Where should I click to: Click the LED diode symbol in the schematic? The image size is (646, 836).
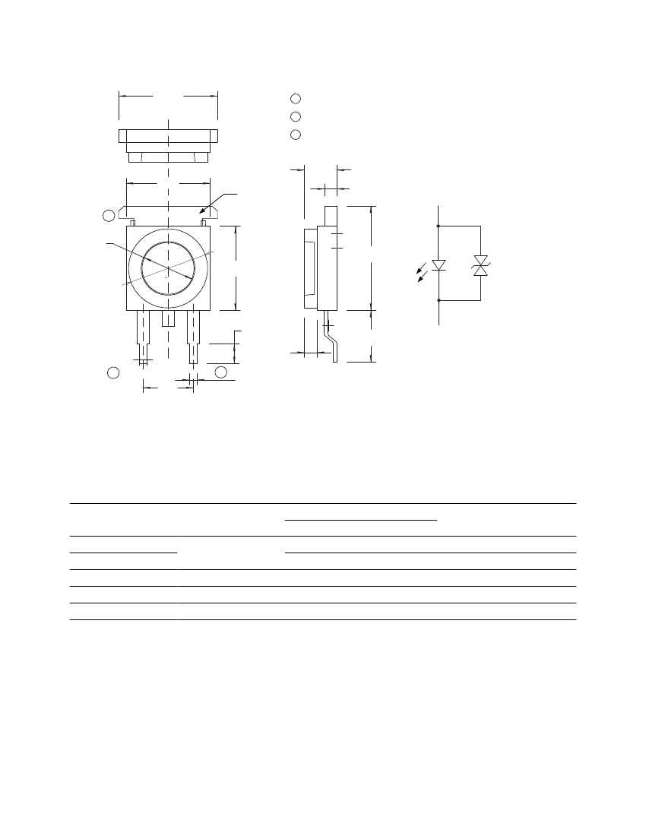(439, 265)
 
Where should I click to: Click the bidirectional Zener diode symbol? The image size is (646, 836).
(480, 265)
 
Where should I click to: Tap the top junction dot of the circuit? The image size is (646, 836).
(439, 226)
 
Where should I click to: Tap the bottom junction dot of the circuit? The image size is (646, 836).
(439, 300)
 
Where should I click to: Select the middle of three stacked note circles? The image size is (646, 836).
(296, 116)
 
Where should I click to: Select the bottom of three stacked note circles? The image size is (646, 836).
(296, 135)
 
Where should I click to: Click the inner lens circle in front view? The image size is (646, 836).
(168, 268)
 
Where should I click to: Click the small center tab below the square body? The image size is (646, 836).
(168, 318)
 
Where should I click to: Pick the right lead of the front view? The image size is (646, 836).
(195, 334)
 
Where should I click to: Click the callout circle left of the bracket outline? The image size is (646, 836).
(109, 216)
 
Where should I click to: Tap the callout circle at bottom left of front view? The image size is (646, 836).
(112, 372)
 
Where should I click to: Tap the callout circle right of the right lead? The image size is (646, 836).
(220, 372)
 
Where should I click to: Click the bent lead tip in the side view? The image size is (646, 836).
(334, 353)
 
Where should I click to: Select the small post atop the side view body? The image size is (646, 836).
(331, 216)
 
